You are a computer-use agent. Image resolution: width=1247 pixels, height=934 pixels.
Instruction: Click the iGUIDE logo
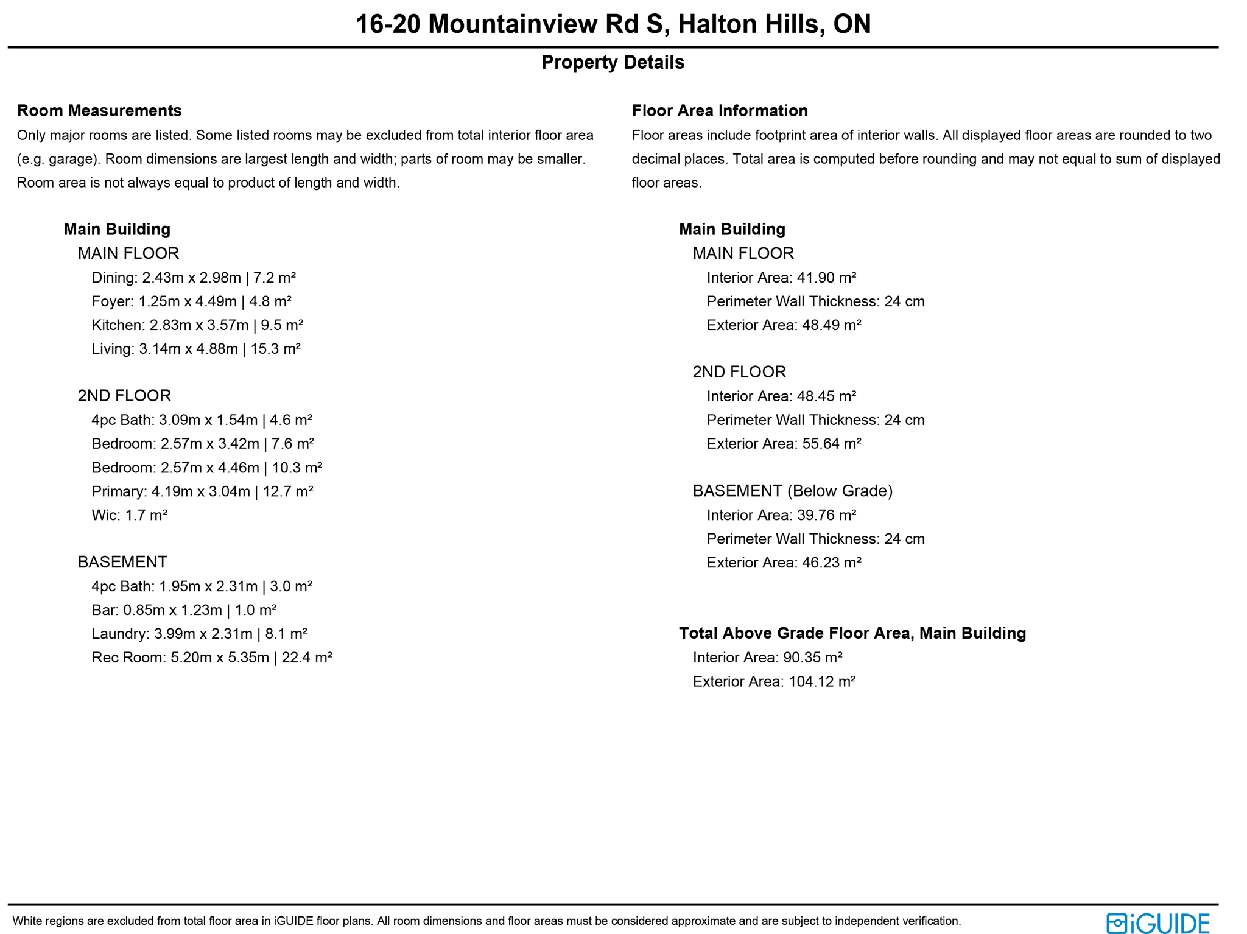coord(1157,923)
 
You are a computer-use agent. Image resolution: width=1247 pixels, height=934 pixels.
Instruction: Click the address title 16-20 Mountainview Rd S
coord(613,24)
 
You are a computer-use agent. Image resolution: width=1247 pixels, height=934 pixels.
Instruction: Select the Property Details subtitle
coord(613,63)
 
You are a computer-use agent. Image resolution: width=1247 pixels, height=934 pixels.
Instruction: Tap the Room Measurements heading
coord(99,111)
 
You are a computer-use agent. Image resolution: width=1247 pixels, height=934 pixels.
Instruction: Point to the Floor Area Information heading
coord(720,111)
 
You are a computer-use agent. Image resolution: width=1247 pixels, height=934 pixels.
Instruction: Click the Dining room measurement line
coord(194,278)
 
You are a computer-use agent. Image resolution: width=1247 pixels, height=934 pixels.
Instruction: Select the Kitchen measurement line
coord(197,325)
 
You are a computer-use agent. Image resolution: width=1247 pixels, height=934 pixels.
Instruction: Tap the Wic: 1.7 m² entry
coord(129,515)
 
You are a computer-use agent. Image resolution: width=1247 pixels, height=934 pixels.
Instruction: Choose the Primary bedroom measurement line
coord(202,491)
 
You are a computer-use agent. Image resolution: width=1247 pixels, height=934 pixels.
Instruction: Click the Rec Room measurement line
coord(211,658)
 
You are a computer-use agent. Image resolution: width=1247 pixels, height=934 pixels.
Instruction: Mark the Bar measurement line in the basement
coord(184,610)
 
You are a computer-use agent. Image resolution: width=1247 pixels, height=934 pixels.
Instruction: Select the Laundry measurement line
coord(199,634)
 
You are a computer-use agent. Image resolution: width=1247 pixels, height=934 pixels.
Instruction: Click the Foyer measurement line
coord(191,301)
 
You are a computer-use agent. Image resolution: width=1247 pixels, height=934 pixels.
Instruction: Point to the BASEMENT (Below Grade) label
coord(792,491)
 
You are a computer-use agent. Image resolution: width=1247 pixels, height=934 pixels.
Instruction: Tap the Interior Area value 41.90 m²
coord(826,278)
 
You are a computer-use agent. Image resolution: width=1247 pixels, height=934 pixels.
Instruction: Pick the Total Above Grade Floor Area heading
coord(852,633)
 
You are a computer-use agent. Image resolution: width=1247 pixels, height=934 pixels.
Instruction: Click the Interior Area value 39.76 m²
coord(826,515)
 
